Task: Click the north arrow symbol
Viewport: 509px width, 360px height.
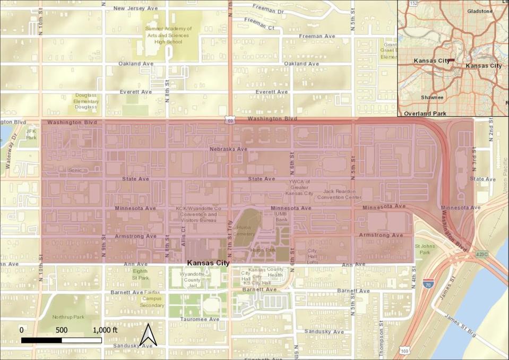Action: click(149, 335)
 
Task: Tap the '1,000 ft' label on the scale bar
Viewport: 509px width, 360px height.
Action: click(104, 330)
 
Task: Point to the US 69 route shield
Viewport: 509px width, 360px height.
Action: click(229, 121)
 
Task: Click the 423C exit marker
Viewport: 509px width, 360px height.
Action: click(481, 254)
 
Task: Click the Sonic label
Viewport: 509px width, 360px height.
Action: click(75, 170)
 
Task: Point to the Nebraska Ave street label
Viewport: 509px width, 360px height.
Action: click(228, 149)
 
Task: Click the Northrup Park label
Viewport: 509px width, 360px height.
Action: click(68, 317)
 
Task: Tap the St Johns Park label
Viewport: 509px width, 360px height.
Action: click(425, 249)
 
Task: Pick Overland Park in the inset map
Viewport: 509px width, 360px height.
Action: click(425, 113)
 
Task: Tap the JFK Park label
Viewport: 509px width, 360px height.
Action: click(31, 134)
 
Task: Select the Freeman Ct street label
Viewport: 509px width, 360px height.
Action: click(258, 21)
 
